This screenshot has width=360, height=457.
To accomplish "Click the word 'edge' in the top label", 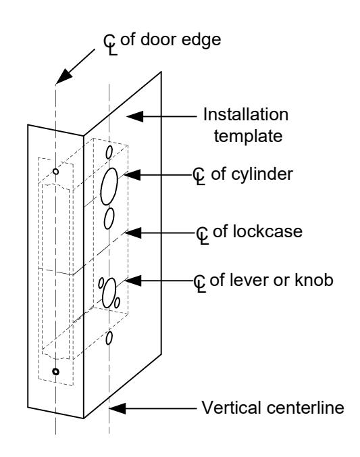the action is (x=201, y=41).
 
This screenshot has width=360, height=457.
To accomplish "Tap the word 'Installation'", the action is (x=246, y=114).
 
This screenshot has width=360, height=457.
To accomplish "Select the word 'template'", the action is (x=248, y=136).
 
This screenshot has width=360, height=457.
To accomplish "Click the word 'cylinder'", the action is (x=252, y=175).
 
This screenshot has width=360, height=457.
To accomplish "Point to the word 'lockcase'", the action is (x=257, y=232).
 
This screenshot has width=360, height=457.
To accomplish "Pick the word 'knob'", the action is (x=314, y=280).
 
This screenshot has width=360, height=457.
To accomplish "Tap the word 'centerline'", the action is (x=305, y=408).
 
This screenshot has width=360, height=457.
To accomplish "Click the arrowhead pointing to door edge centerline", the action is (x=64, y=76).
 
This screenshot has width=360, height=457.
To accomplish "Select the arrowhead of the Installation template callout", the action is (x=134, y=116).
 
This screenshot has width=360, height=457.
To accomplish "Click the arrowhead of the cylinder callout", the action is (x=132, y=175).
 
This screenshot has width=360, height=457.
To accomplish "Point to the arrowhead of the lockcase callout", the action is (x=133, y=233).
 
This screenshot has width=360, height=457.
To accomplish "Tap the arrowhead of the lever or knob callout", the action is (x=133, y=281).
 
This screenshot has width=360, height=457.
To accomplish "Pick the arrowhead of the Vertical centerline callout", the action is (x=118, y=408).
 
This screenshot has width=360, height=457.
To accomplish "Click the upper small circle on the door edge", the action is (x=55, y=172).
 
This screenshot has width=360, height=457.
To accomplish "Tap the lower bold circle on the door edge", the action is (x=55, y=372).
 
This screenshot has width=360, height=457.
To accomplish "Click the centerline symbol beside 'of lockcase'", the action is (x=203, y=235).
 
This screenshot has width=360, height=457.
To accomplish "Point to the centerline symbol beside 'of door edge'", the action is (x=111, y=45).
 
